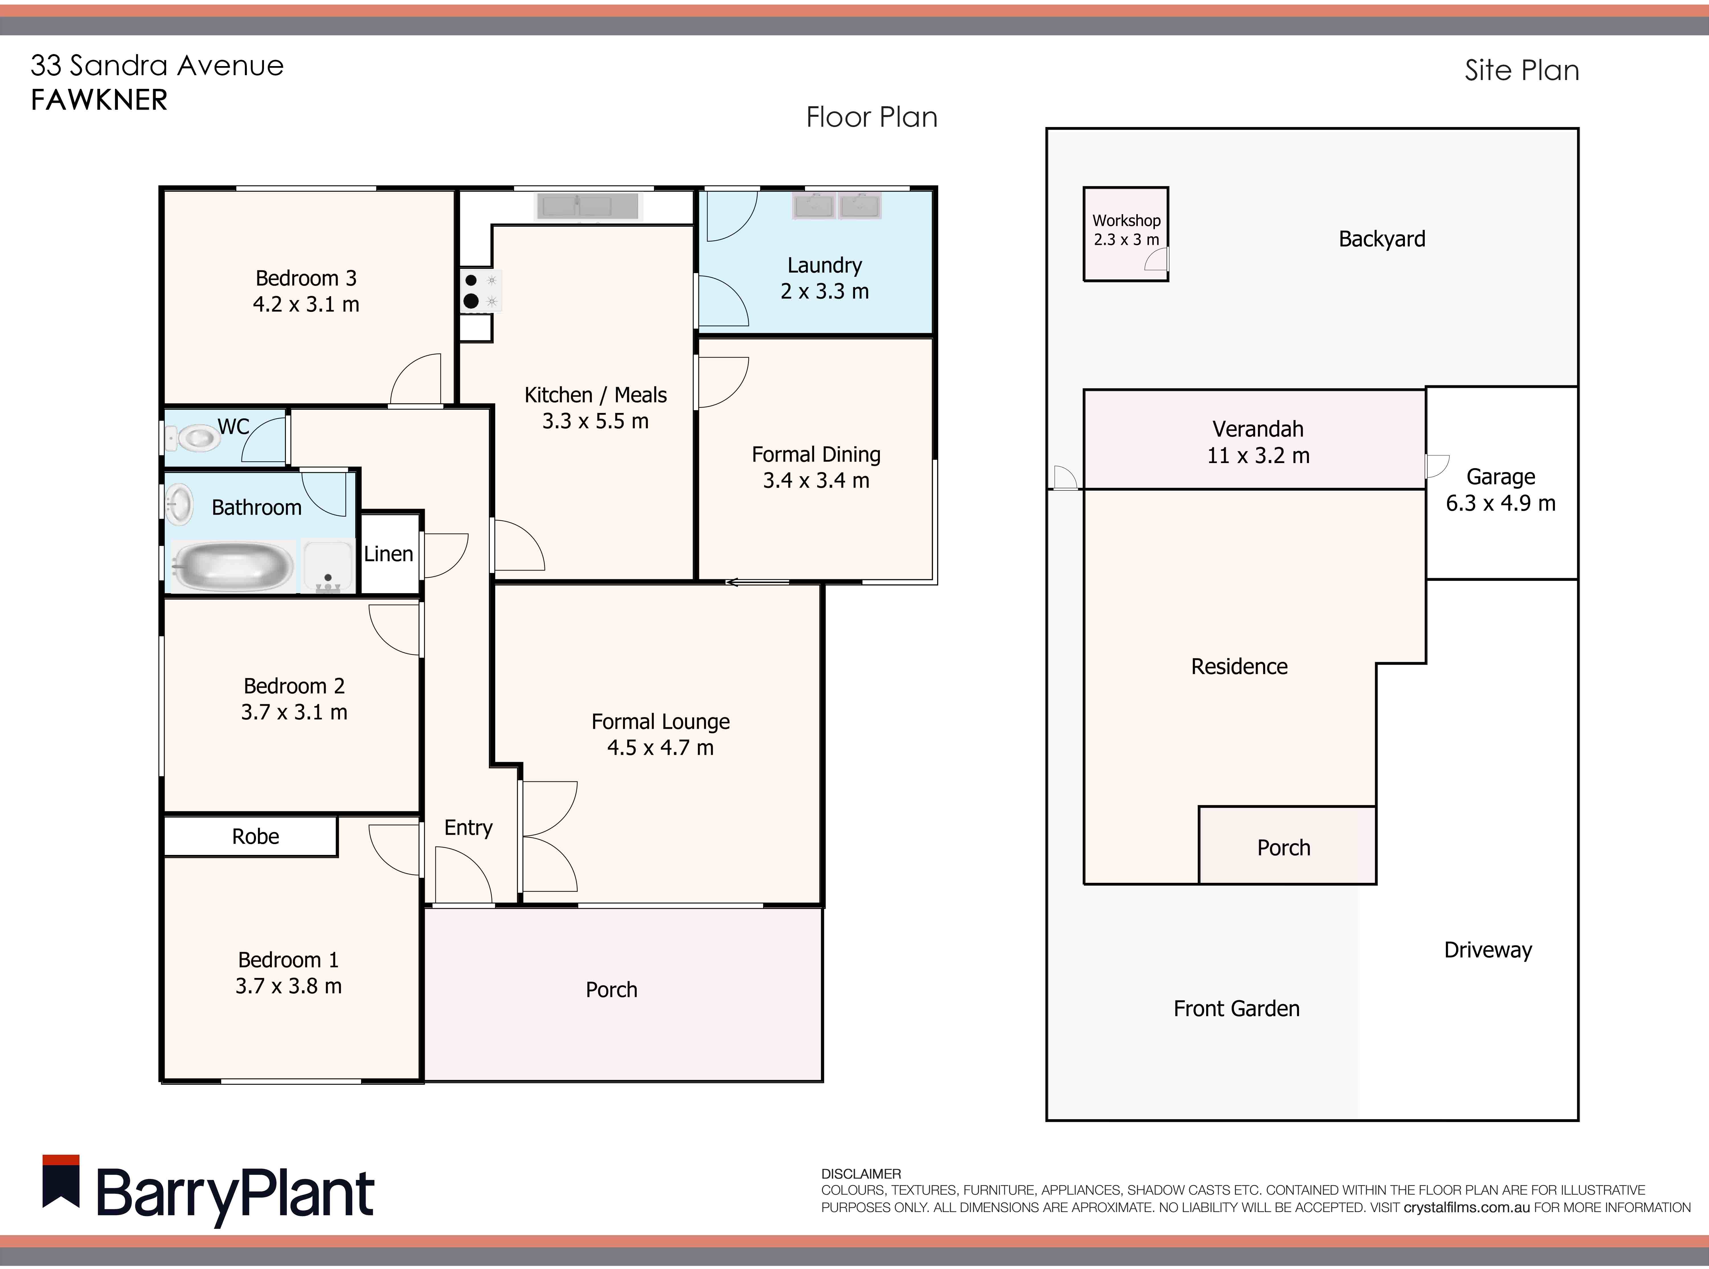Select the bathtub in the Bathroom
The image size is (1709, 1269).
[x=232, y=567]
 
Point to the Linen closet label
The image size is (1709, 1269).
[x=389, y=554]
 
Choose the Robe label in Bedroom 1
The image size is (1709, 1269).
[x=256, y=836]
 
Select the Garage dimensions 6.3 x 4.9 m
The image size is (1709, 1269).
[x=1501, y=503]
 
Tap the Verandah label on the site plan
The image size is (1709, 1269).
[x=1258, y=429]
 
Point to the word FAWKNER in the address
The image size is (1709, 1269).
[x=99, y=100]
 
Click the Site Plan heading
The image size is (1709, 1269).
[x=1522, y=70]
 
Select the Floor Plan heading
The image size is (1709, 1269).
[x=872, y=117]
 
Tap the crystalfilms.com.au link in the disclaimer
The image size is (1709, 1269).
[x=1467, y=1207]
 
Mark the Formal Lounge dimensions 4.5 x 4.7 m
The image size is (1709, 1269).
[x=661, y=748]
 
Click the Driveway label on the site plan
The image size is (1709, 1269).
[x=1488, y=950]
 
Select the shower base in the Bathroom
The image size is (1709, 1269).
[x=328, y=567]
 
